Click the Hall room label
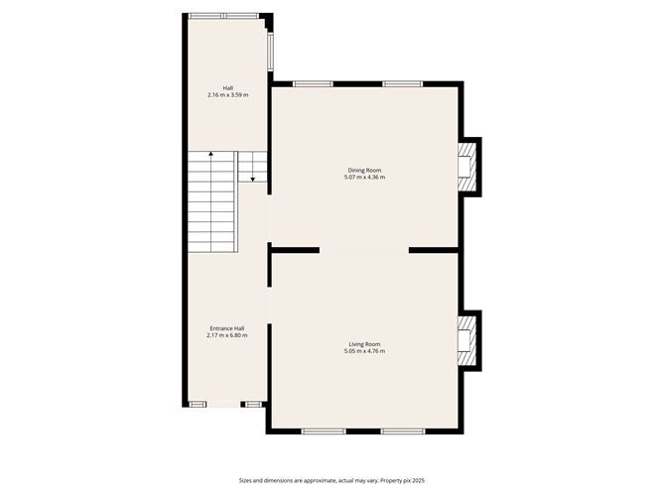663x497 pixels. tap(227, 88)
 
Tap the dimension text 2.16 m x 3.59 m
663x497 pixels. tap(227, 95)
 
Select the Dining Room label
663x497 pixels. tap(364, 171)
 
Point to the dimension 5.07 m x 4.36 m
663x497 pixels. tap(364, 178)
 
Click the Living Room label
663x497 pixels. tap(364, 344)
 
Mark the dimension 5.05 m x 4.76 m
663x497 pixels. tap(364, 351)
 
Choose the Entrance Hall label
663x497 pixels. tap(226, 328)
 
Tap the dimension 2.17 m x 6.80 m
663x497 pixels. tap(226, 335)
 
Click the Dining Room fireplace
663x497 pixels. tap(466, 165)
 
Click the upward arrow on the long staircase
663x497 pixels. tap(211, 156)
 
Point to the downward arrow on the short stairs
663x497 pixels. tap(253, 179)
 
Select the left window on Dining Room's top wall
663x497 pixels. tap(313, 83)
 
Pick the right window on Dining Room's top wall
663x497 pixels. tap(404, 83)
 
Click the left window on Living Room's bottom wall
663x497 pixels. tap(324, 432)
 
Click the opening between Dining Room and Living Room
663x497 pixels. tap(363, 250)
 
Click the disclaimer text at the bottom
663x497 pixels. tap(331, 479)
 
